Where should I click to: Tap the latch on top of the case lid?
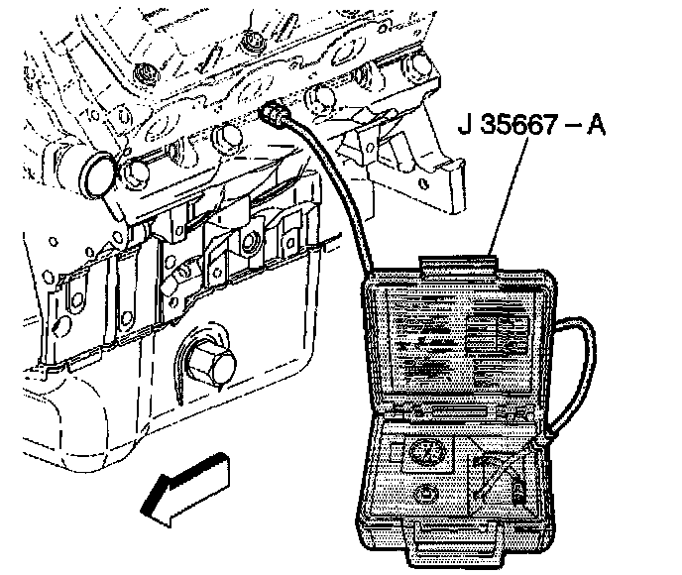[x=458, y=263]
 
